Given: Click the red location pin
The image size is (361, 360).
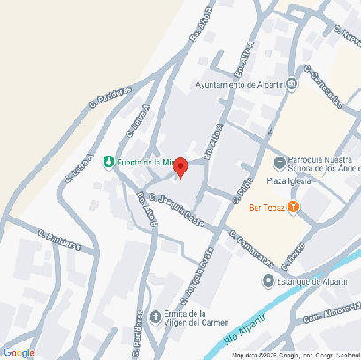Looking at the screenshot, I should click(x=180, y=167).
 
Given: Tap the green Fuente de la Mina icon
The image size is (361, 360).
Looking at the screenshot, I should click(x=108, y=162).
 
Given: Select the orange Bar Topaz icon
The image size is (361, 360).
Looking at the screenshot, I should click(x=294, y=207).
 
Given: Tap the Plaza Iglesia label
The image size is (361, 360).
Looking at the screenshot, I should click(x=287, y=181).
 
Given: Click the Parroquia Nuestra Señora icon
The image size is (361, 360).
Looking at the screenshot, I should click(x=280, y=162).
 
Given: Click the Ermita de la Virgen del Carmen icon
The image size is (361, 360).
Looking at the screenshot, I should click(x=157, y=317).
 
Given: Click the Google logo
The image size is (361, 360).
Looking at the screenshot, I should click(x=19, y=351).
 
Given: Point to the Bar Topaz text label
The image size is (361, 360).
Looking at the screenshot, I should click(x=266, y=207).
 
